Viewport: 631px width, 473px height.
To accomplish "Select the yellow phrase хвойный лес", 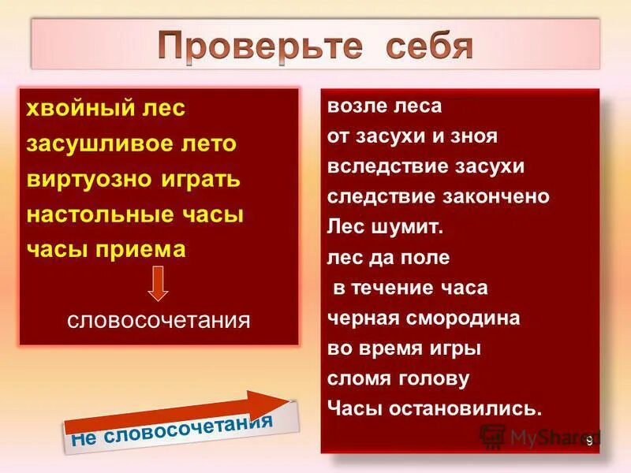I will tap(106, 108).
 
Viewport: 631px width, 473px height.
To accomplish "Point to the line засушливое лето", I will tap(131, 143).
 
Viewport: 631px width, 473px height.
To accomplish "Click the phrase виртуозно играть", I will tap(133, 179).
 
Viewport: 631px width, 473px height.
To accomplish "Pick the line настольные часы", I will tap(136, 214).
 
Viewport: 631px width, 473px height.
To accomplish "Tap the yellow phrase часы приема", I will tap(106, 249).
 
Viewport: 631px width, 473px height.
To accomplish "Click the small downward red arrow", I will tap(159, 284).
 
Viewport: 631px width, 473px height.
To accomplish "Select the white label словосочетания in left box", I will tap(158, 321).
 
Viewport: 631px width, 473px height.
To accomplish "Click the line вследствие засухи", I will tap(425, 167).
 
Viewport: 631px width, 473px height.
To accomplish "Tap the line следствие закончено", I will tap(438, 197).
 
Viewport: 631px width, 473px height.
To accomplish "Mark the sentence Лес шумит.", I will tap(386, 228).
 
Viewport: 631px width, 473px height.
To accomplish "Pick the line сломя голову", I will tap(398, 379).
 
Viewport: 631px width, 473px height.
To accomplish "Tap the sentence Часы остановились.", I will tap(435, 409).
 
